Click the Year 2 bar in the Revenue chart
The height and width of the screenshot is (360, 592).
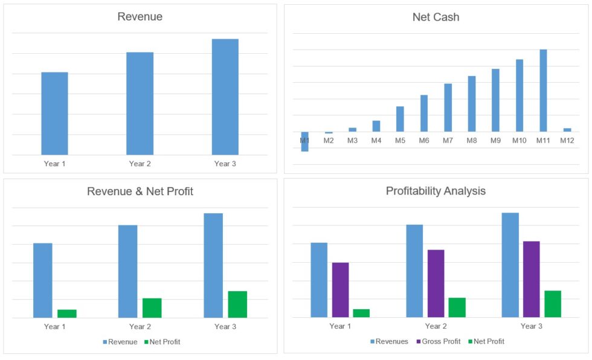[x=140, y=103]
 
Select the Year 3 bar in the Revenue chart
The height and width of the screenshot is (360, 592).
[x=225, y=97]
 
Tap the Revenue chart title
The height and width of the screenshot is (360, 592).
[x=140, y=17]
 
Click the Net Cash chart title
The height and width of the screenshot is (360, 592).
[x=436, y=17]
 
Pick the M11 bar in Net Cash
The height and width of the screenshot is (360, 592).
[x=543, y=91]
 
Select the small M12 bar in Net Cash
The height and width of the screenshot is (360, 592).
[x=567, y=130]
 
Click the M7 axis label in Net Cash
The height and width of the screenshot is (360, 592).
[x=448, y=141]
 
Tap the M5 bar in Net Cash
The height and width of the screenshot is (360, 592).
[x=400, y=119]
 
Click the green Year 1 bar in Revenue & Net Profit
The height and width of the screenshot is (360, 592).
[x=67, y=313]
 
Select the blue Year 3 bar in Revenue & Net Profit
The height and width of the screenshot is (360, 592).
[x=213, y=265]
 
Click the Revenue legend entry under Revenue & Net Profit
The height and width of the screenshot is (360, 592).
[x=121, y=342]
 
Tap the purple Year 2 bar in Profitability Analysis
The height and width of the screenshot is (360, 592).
[x=436, y=283]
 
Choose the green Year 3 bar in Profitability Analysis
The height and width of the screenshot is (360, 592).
[x=553, y=304]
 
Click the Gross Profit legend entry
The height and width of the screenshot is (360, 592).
[x=439, y=342]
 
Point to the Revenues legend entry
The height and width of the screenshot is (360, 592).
[x=389, y=342]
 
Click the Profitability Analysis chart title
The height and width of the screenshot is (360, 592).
[x=436, y=191]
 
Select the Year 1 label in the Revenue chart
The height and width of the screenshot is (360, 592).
[x=54, y=164]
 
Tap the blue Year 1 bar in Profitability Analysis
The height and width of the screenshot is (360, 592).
[x=319, y=280]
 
